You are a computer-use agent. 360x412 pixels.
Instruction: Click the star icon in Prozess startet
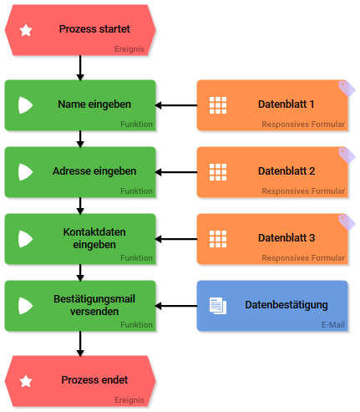click(26, 30)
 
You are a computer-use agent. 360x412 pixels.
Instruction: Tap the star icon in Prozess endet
click(26, 381)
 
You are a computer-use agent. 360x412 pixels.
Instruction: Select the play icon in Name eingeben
click(25, 105)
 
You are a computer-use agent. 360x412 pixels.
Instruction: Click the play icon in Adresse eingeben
click(25, 172)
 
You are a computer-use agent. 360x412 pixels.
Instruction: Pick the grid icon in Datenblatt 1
click(218, 105)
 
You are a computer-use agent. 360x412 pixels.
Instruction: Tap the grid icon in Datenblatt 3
click(218, 239)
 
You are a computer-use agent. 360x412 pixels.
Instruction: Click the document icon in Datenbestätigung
click(218, 306)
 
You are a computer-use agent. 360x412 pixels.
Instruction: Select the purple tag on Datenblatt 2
click(347, 155)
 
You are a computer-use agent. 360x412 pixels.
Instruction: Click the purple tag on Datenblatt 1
click(347, 89)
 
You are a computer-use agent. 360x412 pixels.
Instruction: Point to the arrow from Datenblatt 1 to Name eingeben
click(176, 105)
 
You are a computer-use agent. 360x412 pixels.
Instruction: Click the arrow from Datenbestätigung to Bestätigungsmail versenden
click(176, 306)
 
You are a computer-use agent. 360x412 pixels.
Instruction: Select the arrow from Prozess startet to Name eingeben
click(80, 68)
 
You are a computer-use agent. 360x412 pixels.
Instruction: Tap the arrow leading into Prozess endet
click(80, 343)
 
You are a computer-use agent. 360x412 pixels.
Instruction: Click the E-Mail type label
click(333, 325)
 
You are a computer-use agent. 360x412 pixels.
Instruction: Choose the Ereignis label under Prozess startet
click(129, 49)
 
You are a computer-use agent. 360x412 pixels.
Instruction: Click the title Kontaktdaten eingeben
click(94, 238)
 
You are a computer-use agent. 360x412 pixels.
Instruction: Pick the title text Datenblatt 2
click(286, 171)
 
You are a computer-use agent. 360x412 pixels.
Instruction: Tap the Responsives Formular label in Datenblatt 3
click(303, 258)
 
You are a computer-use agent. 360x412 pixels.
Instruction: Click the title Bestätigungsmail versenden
click(94, 305)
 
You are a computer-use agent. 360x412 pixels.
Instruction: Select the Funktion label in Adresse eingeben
click(136, 191)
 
